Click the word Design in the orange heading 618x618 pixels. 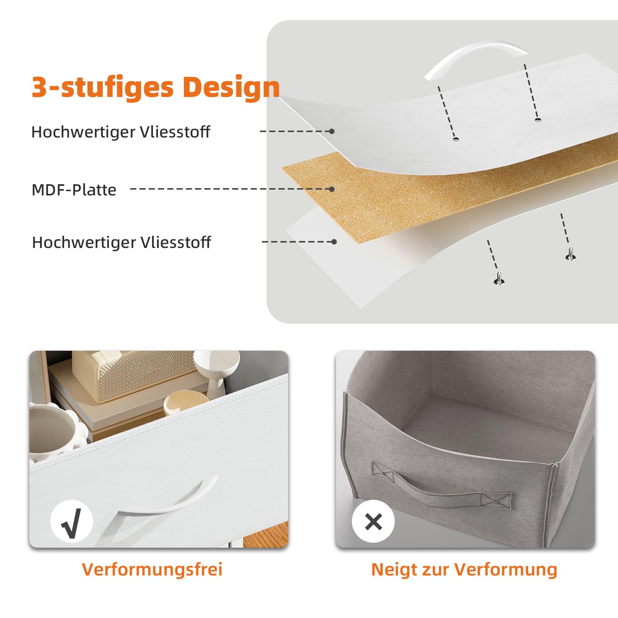(x=231, y=87)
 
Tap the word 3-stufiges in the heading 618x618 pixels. (x=102, y=87)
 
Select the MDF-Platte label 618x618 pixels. (x=74, y=190)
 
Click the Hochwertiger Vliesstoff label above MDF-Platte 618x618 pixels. (x=121, y=132)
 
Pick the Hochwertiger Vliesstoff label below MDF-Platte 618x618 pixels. (x=121, y=242)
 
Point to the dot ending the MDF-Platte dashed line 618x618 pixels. (x=331, y=189)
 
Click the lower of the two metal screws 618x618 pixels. (x=499, y=278)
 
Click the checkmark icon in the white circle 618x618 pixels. (x=71, y=521)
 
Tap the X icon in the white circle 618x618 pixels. (x=373, y=521)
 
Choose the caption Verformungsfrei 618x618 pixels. (x=152, y=569)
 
